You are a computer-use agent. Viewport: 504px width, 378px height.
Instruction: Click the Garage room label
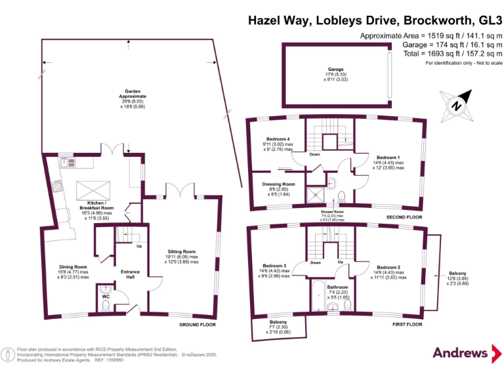pos(336,69)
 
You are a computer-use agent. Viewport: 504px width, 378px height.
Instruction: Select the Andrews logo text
pos(460,353)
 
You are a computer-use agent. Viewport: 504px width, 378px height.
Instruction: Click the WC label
pos(106,296)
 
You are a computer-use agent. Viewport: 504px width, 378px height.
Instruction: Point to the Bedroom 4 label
pos(276,140)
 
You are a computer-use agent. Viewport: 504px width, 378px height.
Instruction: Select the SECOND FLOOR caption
pos(405,217)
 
